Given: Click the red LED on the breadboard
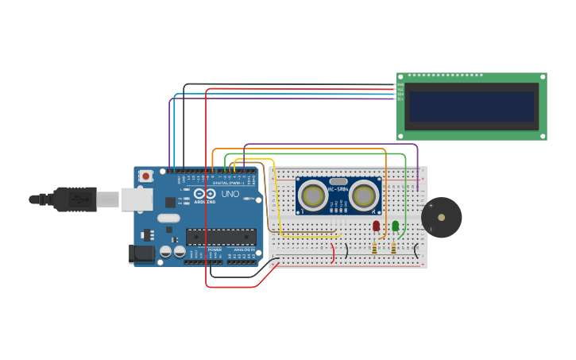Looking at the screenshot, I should pos(376,226).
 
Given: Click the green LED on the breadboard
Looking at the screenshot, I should pos(395,226).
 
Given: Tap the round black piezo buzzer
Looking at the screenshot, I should pos(441,217).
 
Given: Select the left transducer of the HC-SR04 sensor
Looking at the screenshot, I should pos(314,195).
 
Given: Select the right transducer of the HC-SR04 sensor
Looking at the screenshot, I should pos(365,195).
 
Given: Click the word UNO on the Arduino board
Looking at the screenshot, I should pos(230,194).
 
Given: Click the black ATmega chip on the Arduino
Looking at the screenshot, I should pos(221,236).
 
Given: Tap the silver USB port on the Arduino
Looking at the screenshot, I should pos(136,199).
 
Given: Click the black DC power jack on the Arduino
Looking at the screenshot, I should pos(141,254).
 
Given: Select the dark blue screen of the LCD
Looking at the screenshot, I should pos(470,106).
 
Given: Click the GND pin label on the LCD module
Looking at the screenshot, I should pos(400,85).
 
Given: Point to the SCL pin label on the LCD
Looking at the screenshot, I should pos(400,99).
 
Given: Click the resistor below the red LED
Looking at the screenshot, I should pos(375,248).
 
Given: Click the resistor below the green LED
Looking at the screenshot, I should pos(394,248).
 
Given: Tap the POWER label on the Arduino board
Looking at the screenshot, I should pos(215,250).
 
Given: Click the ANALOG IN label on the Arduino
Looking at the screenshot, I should pos(243,250).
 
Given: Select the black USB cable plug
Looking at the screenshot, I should pos(75,199).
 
